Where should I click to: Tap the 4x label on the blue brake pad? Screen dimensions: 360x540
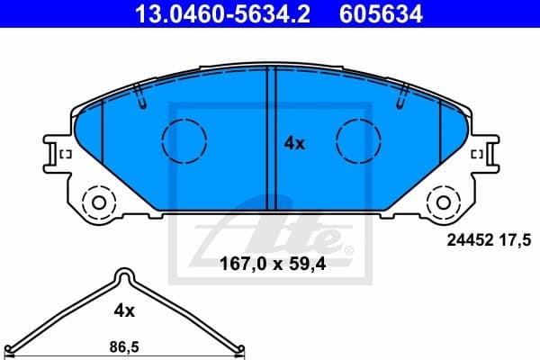pyautogui.click(x=294, y=142)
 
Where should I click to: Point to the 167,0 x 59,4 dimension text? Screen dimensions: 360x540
pyautogui.click(x=270, y=265)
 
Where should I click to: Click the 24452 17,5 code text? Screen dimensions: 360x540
pyautogui.click(x=490, y=239)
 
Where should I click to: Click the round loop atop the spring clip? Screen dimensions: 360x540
pyautogui.click(x=122, y=276)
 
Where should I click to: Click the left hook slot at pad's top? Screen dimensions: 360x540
pyautogui.click(x=139, y=94)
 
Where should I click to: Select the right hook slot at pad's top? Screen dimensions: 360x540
pyautogui.click(x=402, y=94)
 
